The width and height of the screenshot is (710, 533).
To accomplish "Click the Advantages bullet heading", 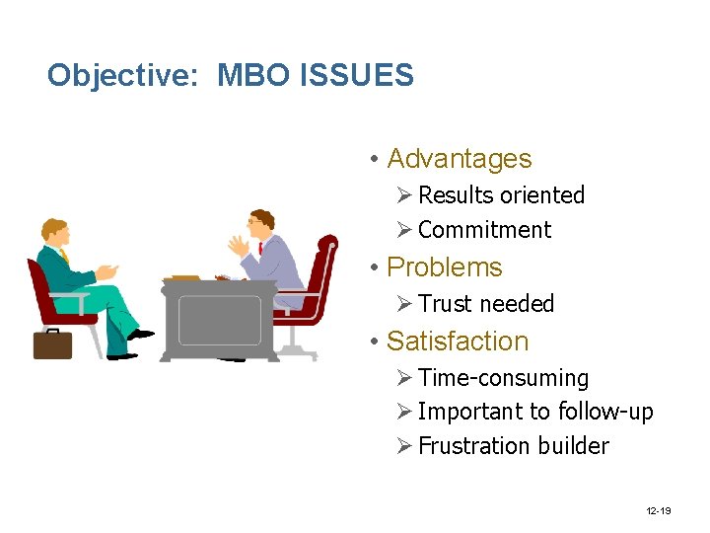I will pyautogui.click(x=459, y=159).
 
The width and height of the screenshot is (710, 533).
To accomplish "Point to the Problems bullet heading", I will pyautogui.click(x=444, y=267).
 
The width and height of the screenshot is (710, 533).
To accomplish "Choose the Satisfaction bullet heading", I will pyautogui.click(x=458, y=342).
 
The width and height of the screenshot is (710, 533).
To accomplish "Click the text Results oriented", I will pyautogui.click(x=501, y=195).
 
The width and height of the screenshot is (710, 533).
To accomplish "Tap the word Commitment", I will pyautogui.click(x=484, y=230).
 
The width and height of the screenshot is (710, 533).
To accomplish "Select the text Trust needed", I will pyautogui.click(x=486, y=304).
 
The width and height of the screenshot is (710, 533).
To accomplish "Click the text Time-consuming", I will pyautogui.click(x=503, y=378).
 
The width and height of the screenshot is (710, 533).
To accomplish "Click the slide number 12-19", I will pyautogui.click(x=660, y=511).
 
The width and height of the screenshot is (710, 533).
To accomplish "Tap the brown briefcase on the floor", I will pyautogui.click(x=52, y=343).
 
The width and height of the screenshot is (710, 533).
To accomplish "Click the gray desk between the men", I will pyautogui.click(x=219, y=316).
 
